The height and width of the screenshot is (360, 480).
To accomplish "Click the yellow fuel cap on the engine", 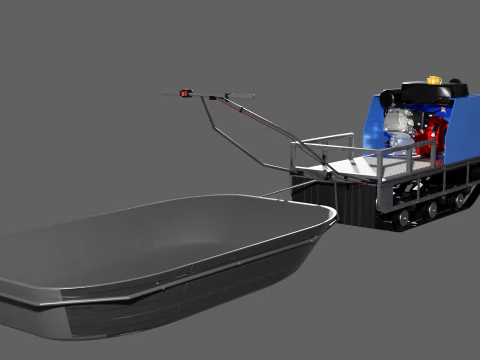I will pos(434,80).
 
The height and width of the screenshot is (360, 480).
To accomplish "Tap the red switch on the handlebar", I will pos(184,94).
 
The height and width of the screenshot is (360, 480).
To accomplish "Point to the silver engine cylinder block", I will pos(400,122).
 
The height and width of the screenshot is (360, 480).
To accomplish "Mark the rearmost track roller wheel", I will pos(461,198).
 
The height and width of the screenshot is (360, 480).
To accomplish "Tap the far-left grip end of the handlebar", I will pos(166,95).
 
